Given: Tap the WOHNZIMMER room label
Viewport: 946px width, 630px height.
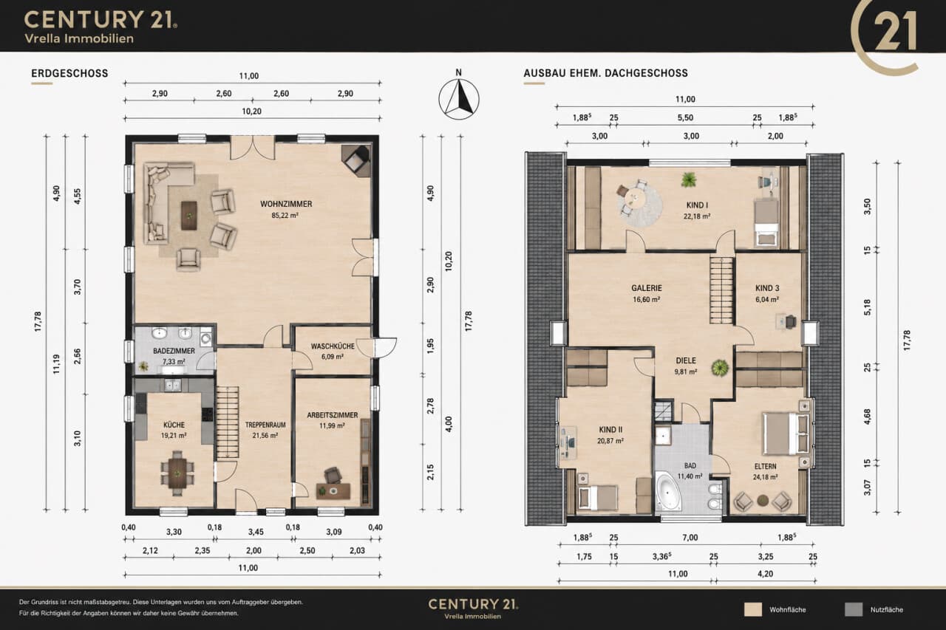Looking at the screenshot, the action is [286, 204].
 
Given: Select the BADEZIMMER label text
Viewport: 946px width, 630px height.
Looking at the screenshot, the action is [174, 351].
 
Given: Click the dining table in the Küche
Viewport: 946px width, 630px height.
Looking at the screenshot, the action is [177, 473].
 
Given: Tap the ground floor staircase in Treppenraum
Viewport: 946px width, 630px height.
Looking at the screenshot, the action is [228, 422].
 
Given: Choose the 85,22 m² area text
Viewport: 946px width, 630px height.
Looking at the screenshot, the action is [285, 215].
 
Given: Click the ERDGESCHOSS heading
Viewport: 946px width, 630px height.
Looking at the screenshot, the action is [69, 73].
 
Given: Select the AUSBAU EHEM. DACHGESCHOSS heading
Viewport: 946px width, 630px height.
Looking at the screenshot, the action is [605, 73].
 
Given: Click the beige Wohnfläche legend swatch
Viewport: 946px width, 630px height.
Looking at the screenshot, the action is [753, 609].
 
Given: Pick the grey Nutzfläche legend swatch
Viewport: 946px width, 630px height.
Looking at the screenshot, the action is [854, 609].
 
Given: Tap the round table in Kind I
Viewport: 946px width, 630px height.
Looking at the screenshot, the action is [633, 197].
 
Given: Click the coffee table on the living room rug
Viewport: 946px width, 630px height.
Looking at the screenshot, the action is [189, 215].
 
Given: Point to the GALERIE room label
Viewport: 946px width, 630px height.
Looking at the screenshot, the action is [647, 288].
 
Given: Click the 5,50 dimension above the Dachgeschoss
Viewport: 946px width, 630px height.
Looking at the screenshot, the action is [685, 117].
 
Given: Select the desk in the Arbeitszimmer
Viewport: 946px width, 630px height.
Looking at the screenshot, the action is [333, 491].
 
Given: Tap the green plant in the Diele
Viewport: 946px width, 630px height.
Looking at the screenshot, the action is [720, 368].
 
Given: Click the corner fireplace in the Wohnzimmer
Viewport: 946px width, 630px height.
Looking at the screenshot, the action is [355, 158].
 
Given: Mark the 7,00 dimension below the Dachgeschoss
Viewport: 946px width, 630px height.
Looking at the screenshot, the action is [690, 538].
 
